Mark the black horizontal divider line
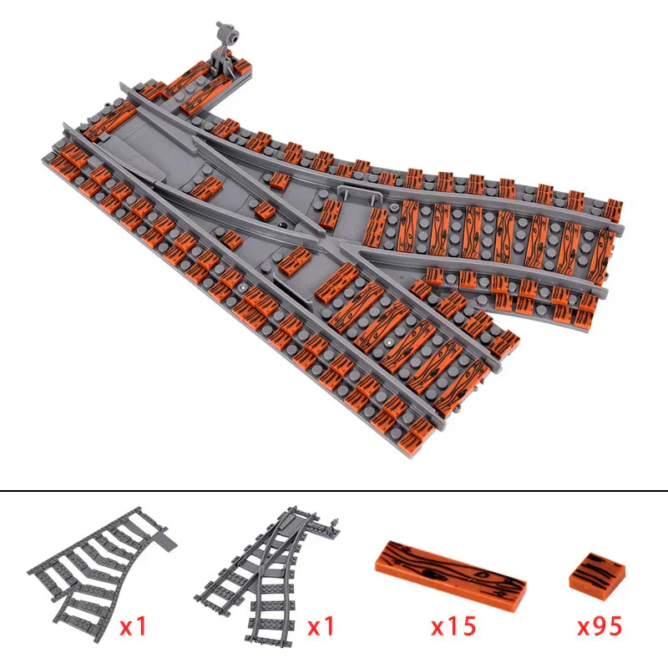click(334, 491)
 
